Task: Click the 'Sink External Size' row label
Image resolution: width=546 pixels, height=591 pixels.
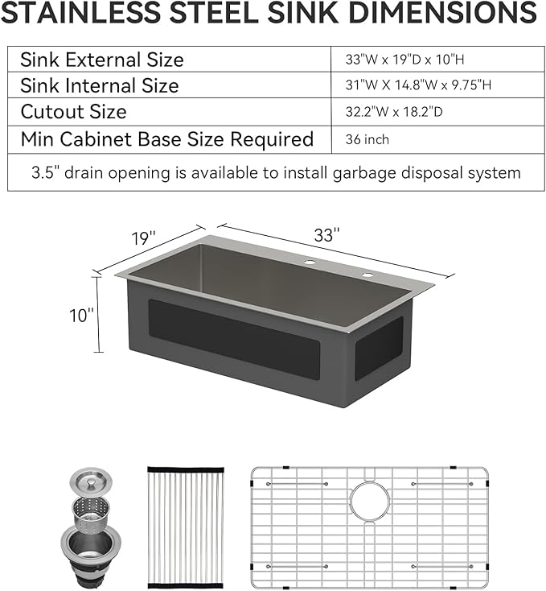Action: tap(102, 60)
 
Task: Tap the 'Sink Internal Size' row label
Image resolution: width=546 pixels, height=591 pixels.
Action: tap(100, 85)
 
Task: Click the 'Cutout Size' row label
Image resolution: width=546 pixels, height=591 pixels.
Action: tap(73, 112)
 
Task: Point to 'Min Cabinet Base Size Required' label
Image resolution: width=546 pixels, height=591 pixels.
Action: tap(167, 139)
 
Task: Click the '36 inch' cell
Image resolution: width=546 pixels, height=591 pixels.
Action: tap(367, 139)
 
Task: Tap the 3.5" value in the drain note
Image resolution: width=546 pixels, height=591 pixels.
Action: tap(46, 172)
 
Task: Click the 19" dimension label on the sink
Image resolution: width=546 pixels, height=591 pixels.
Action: tap(142, 238)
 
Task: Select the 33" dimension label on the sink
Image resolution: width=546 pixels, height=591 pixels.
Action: tap(326, 236)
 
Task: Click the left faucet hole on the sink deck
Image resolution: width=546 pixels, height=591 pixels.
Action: tap(308, 263)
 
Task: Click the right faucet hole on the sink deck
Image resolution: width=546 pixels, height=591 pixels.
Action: tap(367, 276)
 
